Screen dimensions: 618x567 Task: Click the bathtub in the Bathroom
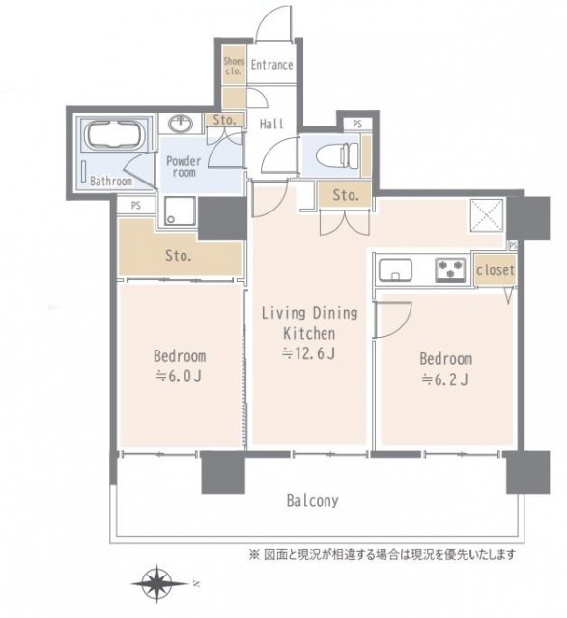pos(116,136)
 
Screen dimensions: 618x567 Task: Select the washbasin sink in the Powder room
pos(181,123)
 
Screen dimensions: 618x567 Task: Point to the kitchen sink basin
pos(396,267)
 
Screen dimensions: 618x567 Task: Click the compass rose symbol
pos(157,583)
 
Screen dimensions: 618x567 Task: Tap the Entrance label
pos(271,66)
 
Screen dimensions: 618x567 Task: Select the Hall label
pos(271,125)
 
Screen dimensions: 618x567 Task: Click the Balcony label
pos(311,501)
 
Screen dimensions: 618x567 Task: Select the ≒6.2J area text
pos(445,378)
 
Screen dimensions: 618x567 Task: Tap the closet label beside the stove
pos(495,271)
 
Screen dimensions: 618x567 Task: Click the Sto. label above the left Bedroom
pos(180,257)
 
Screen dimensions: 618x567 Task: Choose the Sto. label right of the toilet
pos(346,196)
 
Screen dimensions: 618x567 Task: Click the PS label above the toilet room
pos(357,125)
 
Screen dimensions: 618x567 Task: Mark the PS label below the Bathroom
pos(134,205)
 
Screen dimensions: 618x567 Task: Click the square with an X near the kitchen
pos(482,214)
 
